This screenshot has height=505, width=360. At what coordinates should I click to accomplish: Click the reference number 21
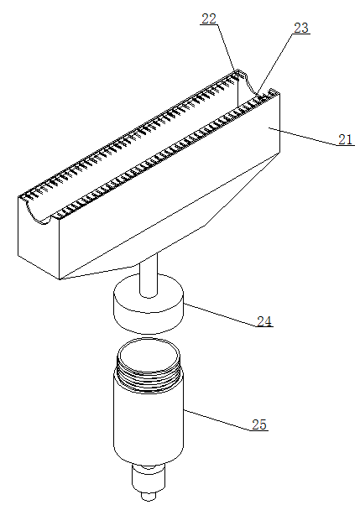coord(346,139)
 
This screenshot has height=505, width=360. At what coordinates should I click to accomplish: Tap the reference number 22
coord(208,18)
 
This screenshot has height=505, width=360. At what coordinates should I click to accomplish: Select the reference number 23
coord(301,28)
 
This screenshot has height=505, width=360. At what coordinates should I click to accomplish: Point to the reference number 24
coord(264,321)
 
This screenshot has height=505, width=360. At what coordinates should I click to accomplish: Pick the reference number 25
coord(259,424)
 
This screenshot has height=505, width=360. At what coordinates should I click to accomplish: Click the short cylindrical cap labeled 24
coord(149,304)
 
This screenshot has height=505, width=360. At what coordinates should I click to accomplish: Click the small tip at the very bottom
coord(149,496)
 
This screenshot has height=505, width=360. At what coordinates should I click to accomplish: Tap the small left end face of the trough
coord(39,238)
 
